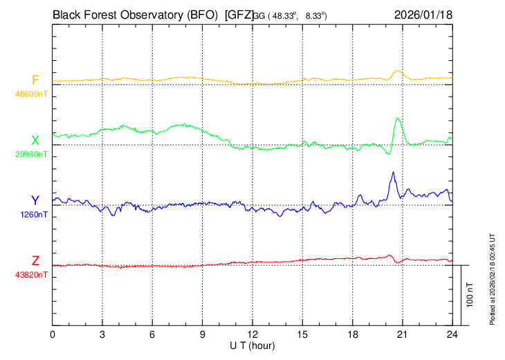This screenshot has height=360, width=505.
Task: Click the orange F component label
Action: pyautogui.click(x=35, y=80)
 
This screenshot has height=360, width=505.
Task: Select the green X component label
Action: pyautogui.click(x=35, y=141)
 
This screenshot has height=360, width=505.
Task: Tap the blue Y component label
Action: pyautogui.click(x=35, y=201)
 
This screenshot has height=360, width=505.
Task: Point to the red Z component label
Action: pyautogui.click(x=35, y=261)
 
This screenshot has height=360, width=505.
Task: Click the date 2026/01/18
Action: pyautogui.click(x=423, y=14)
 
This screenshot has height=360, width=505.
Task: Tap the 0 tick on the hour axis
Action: pyautogui.click(x=53, y=334)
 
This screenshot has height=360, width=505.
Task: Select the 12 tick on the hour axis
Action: pyautogui.click(x=252, y=334)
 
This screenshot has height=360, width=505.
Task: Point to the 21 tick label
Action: pyautogui.click(x=403, y=334)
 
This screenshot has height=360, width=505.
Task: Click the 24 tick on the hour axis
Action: pyautogui.click(x=452, y=334)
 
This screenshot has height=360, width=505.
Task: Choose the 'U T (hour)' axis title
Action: pyautogui.click(x=252, y=345)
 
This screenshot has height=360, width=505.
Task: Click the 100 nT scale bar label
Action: pyautogui.click(x=470, y=294)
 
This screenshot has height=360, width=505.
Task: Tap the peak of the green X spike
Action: pyautogui.click(x=398, y=118)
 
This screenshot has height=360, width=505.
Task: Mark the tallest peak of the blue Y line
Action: pyautogui.click(x=393, y=172)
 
